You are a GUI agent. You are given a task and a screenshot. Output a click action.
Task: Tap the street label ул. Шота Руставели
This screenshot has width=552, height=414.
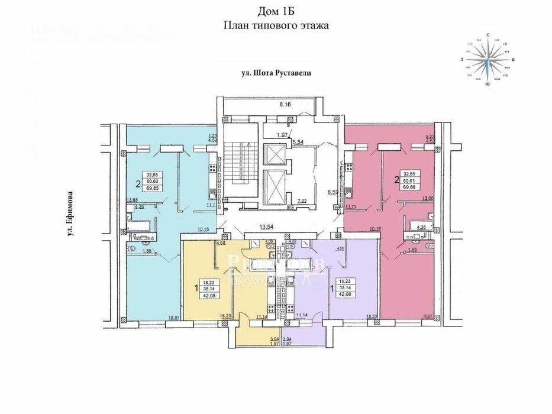click(x=276, y=73)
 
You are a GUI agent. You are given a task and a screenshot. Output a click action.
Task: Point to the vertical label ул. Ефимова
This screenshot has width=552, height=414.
click(x=69, y=215)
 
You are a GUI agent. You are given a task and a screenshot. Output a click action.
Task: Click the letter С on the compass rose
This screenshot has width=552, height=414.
click(x=488, y=35)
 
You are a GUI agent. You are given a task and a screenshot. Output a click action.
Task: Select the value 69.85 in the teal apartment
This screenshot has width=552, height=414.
click(x=153, y=186)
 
